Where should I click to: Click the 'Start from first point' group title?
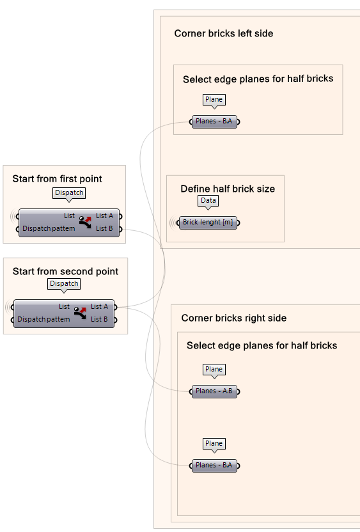(x=57, y=179)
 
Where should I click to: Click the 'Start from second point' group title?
(x=65, y=272)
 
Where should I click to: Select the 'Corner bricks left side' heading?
(x=223, y=33)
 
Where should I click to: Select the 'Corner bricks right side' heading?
(x=233, y=318)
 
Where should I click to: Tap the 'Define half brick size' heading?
(x=228, y=189)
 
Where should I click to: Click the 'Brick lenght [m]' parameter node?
(x=208, y=223)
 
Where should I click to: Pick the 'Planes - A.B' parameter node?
(x=214, y=391)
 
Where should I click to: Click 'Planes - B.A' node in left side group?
(x=214, y=121)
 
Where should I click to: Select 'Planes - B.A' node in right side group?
(x=214, y=466)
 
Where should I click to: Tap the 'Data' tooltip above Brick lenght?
(x=208, y=201)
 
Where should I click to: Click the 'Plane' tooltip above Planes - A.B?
(x=214, y=370)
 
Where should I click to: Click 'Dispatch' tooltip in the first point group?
(x=69, y=193)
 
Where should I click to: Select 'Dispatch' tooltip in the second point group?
(x=64, y=284)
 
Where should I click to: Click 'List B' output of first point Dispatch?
(x=105, y=228)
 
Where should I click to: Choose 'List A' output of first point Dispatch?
(x=105, y=216)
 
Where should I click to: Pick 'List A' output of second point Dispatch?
(x=100, y=307)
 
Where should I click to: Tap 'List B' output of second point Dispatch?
(x=100, y=319)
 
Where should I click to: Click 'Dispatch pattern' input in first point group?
(x=49, y=228)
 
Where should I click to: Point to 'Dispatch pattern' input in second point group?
(x=43, y=319)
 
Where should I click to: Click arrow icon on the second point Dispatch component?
(x=80, y=313)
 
